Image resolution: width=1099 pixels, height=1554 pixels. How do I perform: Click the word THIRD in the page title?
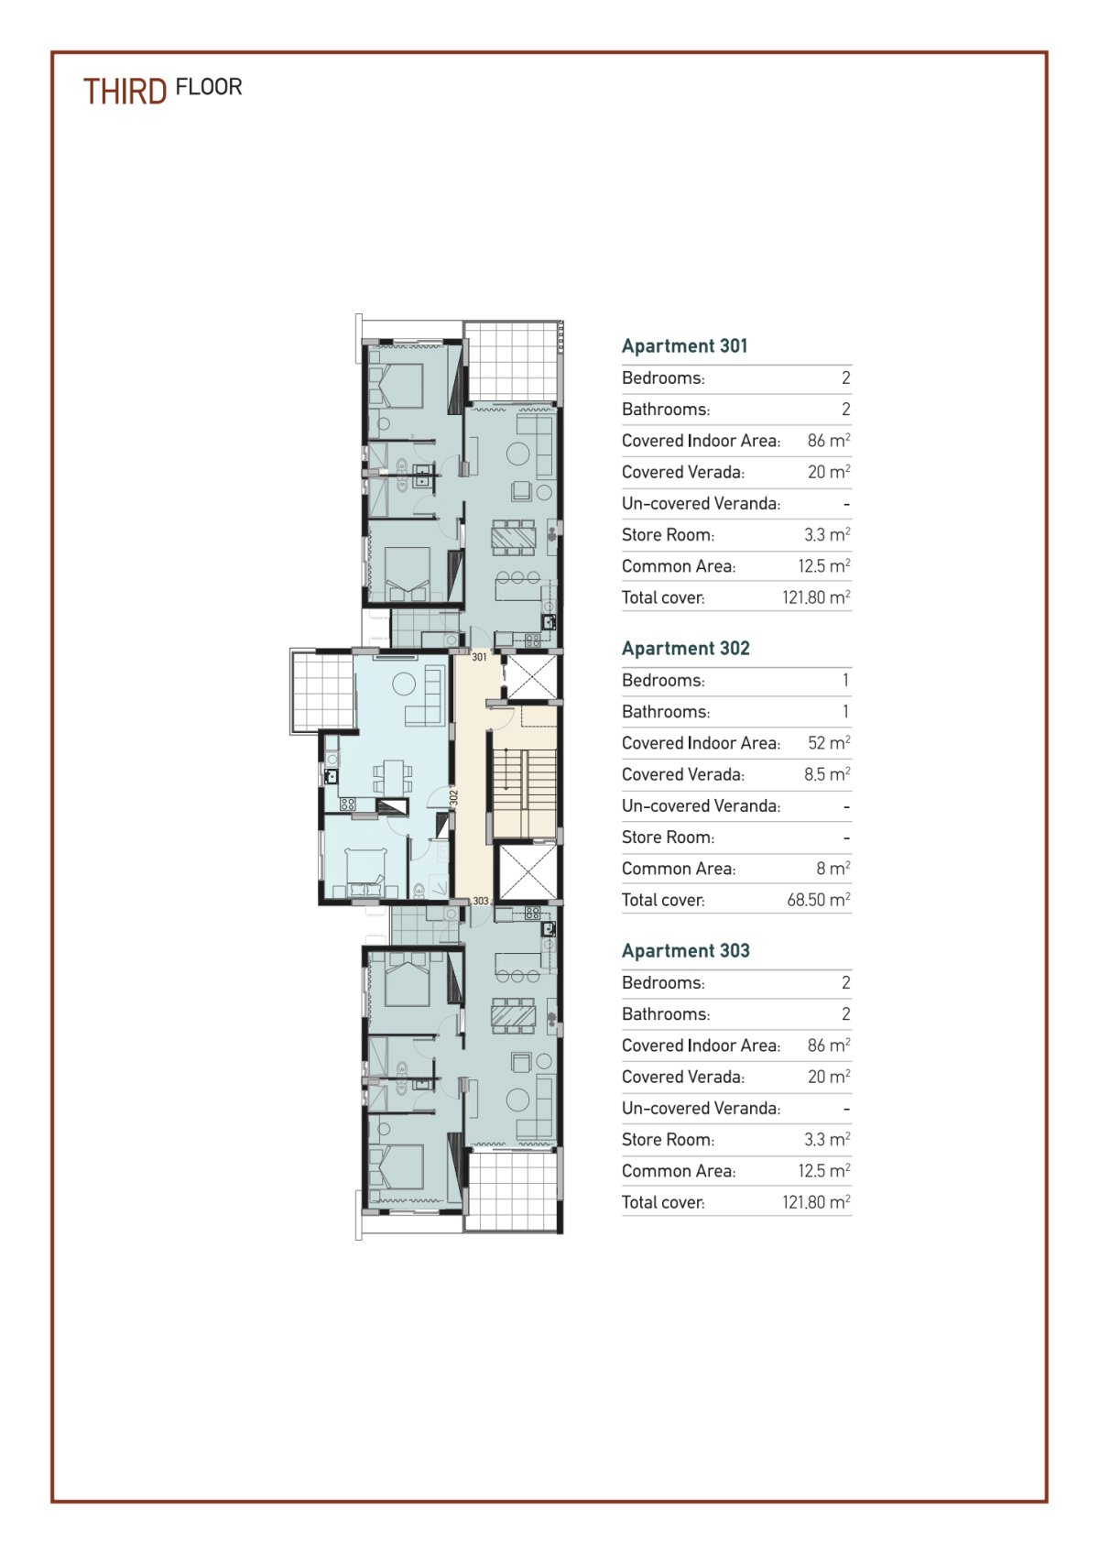point(125,92)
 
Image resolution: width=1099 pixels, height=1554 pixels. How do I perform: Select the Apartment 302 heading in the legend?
point(685,648)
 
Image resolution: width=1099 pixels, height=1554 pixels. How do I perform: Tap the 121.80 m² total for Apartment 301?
point(816,596)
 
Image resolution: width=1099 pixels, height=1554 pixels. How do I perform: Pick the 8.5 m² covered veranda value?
point(827,773)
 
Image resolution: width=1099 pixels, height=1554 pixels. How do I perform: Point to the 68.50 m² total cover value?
point(818,899)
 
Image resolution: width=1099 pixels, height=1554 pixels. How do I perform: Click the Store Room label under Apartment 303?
point(668,1139)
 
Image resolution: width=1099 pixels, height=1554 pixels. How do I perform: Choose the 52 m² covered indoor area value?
point(829,742)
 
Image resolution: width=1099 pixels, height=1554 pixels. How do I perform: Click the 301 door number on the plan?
point(479,656)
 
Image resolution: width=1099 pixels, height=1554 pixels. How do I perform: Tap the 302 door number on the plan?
point(453,797)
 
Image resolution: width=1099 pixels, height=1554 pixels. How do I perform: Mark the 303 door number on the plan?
point(481,901)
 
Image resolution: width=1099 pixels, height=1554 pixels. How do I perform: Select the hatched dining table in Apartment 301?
point(514,537)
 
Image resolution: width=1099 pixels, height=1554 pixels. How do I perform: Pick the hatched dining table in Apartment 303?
point(514,1015)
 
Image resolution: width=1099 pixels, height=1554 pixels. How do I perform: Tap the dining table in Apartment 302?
point(393,775)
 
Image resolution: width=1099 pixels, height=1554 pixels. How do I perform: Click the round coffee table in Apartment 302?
point(404,684)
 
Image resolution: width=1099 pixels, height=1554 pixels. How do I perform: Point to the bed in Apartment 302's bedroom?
point(365,872)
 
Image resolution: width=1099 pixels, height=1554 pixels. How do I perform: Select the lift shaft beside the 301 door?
point(532,678)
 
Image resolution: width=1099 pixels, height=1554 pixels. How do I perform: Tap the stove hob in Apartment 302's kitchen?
point(347,804)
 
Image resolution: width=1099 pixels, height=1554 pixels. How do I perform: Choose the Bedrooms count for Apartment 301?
point(846,378)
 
